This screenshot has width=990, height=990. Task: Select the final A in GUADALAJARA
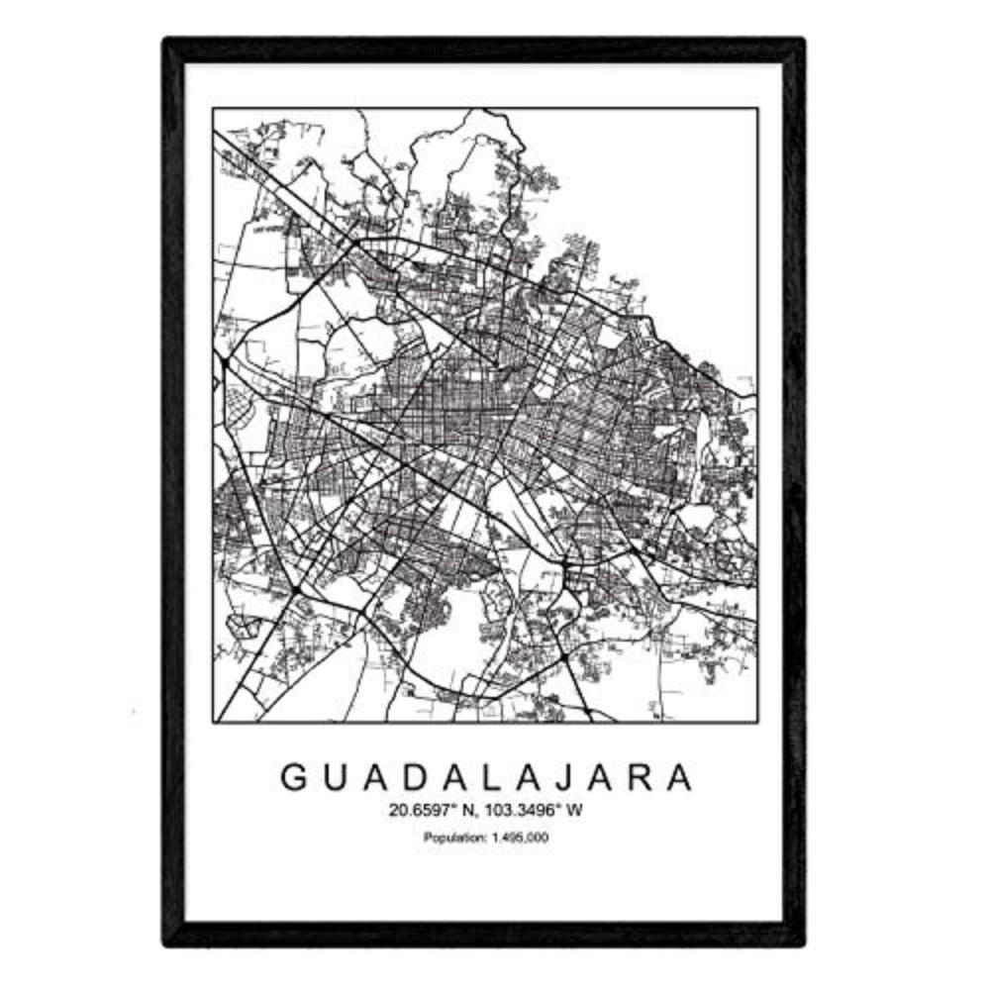click(679, 777)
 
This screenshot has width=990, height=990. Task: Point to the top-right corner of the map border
click(757, 108)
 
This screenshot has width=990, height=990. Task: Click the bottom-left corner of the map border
click(213, 721)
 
